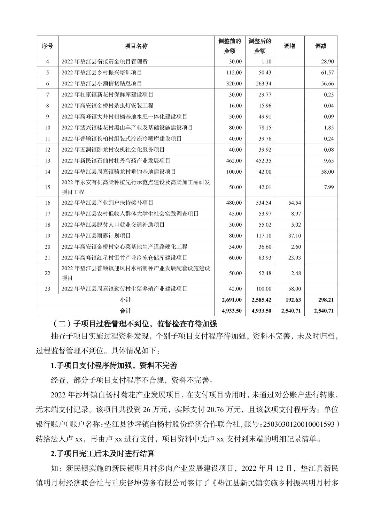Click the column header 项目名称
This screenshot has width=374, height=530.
click(136, 46)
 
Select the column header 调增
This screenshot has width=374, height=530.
click(289, 46)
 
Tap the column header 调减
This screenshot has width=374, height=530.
click(321, 46)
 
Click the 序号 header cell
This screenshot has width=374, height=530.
click(47, 46)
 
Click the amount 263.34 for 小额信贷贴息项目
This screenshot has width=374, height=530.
click(264, 84)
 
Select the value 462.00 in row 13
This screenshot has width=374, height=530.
click(235, 161)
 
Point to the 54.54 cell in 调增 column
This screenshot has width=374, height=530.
click(295, 203)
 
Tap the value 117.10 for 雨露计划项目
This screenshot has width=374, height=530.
click(264, 236)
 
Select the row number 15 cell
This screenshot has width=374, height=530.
click(47, 187)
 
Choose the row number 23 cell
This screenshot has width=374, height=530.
click(47, 289)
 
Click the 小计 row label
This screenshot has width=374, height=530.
click(125, 300)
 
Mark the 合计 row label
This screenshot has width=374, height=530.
click(125, 311)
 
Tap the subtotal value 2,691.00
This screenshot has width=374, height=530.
click(232, 300)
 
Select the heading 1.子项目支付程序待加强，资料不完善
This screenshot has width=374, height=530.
click(114, 365)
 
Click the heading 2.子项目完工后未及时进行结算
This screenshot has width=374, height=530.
click(103, 454)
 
